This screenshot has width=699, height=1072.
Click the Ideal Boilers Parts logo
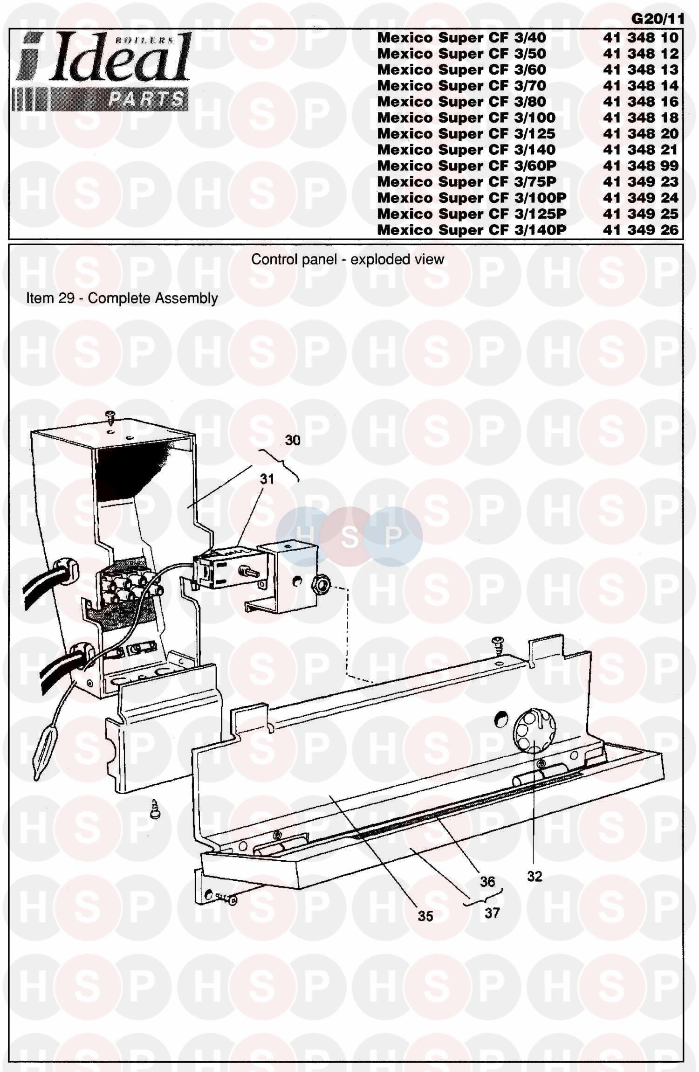(x=101, y=71)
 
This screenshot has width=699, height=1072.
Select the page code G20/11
(x=658, y=19)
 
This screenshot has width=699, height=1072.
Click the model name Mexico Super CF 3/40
(x=461, y=38)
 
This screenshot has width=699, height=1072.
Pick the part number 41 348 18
(x=641, y=118)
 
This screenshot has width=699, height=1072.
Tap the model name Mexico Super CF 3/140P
(x=472, y=230)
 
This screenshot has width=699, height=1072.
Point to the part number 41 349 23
(x=641, y=182)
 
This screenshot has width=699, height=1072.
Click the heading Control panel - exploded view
(x=348, y=259)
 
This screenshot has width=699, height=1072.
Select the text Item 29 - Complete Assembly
(x=122, y=298)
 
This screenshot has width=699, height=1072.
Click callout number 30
(x=293, y=440)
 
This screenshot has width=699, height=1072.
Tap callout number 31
(x=267, y=479)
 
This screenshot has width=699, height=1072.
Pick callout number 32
(x=535, y=877)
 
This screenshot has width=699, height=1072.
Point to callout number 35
(x=425, y=916)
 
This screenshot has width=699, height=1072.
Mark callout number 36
(x=487, y=882)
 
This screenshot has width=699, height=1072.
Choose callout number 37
(x=492, y=913)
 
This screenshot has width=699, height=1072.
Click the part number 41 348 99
(x=641, y=166)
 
